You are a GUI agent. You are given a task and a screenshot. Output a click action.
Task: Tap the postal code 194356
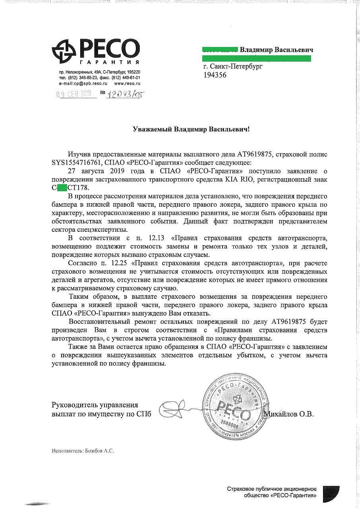pyautogui.click(x=215, y=75)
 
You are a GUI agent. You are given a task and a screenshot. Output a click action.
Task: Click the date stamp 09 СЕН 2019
pyautogui.click(x=74, y=94)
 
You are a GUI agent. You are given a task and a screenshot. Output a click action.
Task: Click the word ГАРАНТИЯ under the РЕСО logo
pyautogui.click(x=109, y=63)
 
